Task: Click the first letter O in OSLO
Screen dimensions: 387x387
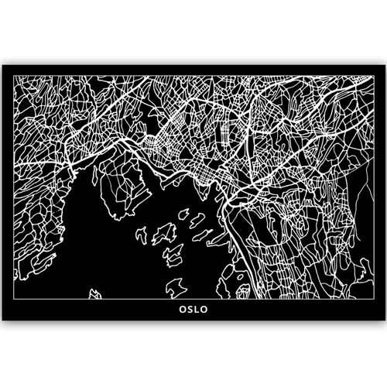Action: point(180,315)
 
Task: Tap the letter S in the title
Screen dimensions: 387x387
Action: point(189,315)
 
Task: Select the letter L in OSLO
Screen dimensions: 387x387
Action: point(197,315)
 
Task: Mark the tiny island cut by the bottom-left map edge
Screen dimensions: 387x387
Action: point(96,295)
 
